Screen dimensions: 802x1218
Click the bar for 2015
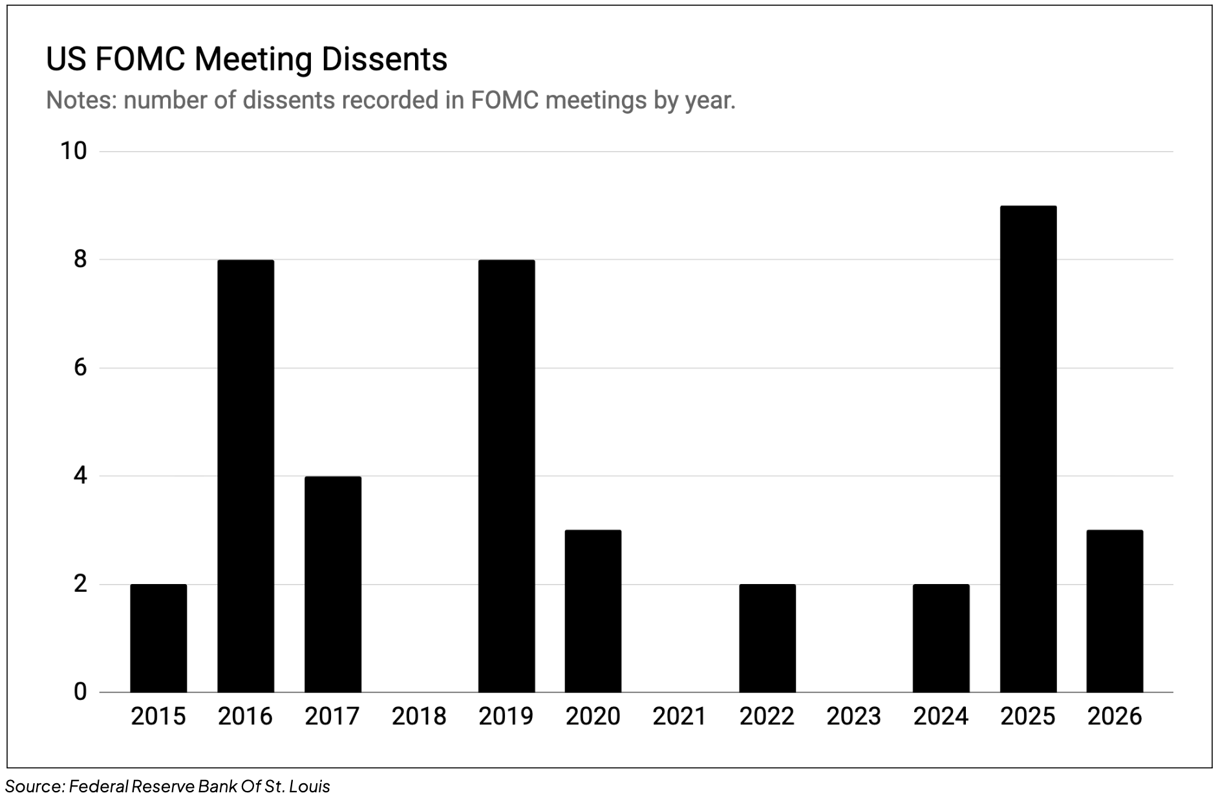(158, 638)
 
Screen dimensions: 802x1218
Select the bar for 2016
(246, 475)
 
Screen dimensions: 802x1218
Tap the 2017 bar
(333, 584)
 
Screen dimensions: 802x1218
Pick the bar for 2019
(506, 475)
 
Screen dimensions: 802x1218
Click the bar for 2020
(593, 611)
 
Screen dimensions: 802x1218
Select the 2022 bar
(767, 638)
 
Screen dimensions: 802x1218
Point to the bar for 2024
(941, 638)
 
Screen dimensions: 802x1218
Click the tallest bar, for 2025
(1028, 449)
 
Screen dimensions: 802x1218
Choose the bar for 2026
(1115, 611)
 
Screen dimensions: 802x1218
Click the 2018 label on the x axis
(419, 716)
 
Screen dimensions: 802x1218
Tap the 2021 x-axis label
(679, 716)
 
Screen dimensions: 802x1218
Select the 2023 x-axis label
(853, 716)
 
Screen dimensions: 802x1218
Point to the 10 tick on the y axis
(73, 151)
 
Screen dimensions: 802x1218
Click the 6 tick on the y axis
(80, 368)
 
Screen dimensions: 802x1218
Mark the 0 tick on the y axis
(80, 692)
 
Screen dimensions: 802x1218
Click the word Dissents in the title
(384, 60)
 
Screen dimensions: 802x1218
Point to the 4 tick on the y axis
(80, 476)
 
